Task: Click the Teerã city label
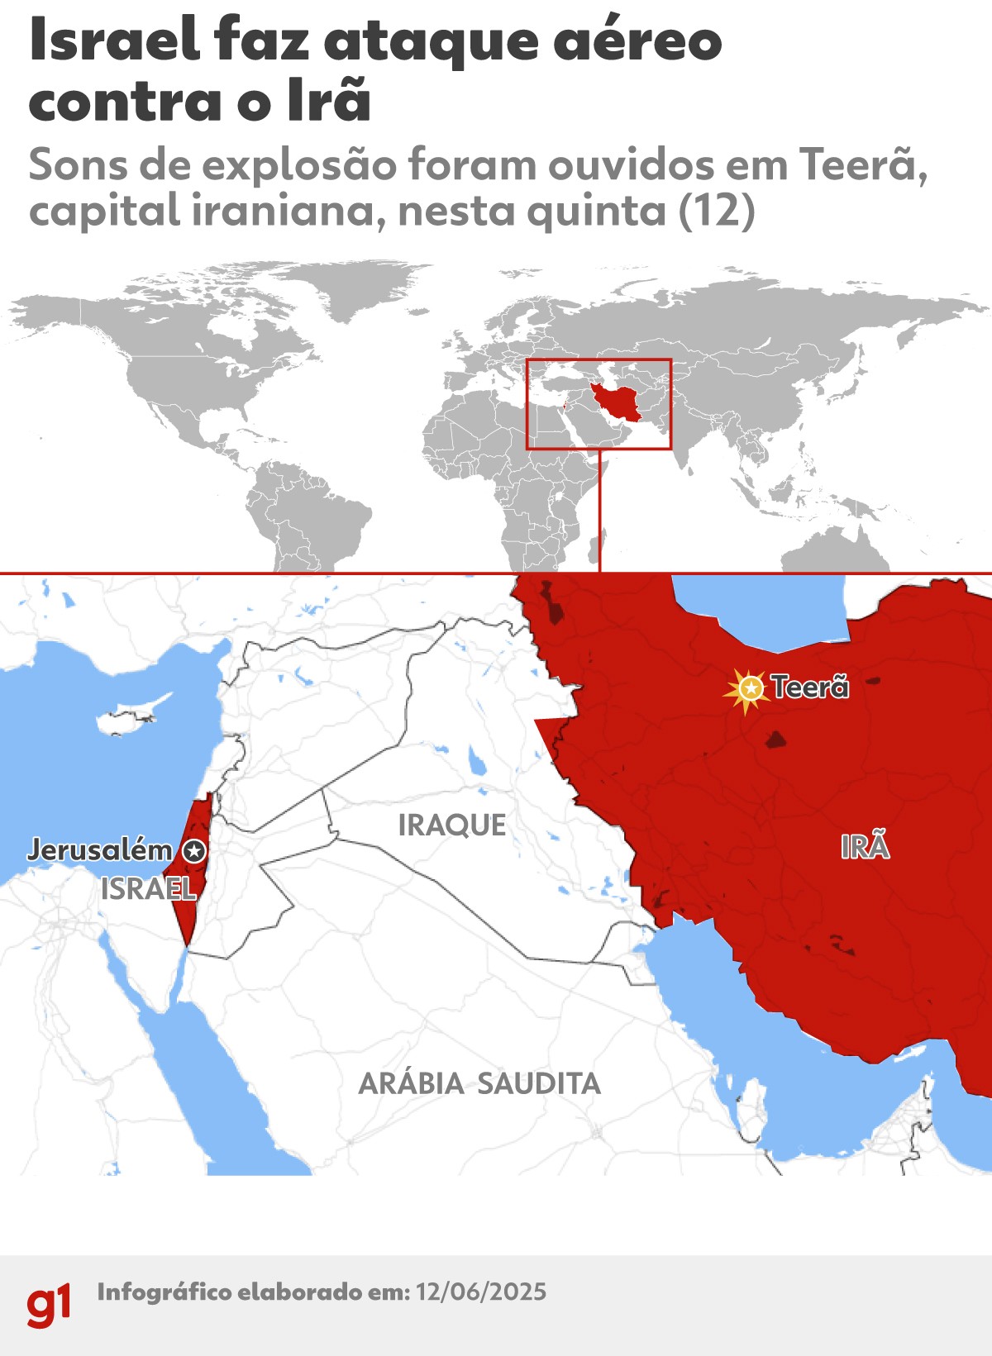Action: tap(810, 687)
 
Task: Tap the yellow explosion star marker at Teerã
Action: tap(750, 688)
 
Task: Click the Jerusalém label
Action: tap(99, 849)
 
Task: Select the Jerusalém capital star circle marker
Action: tap(194, 850)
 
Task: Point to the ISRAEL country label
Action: tap(148, 889)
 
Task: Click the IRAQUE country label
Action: tap(452, 825)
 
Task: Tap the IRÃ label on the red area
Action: tap(865, 847)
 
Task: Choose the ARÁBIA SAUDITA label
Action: tap(479, 1083)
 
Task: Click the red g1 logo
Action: tap(49, 1305)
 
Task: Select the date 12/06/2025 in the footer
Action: tap(481, 1292)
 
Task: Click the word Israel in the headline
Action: tap(114, 41)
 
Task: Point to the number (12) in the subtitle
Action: tap(716, 211)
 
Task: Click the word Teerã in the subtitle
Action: tap(859, 165)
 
